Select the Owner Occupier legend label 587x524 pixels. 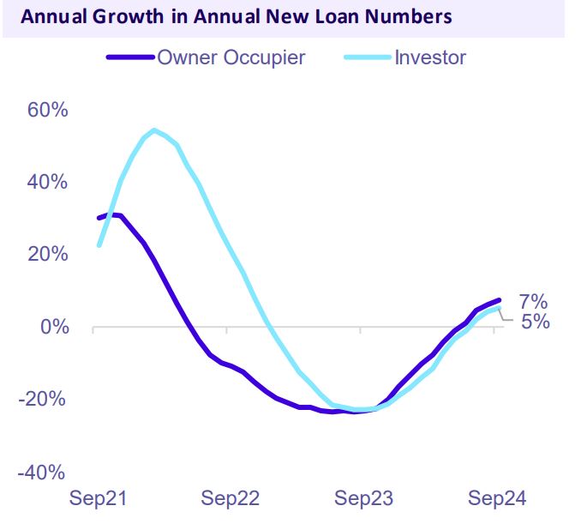(231, 58)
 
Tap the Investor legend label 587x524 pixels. (430, 58)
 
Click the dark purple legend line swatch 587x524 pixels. (130, 58)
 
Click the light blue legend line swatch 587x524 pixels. (368, 58)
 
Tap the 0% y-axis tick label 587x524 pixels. (54, 328)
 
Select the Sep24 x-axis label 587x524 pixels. (494, 499)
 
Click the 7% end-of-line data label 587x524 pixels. (533, 302)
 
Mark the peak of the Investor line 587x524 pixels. (153, 130)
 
